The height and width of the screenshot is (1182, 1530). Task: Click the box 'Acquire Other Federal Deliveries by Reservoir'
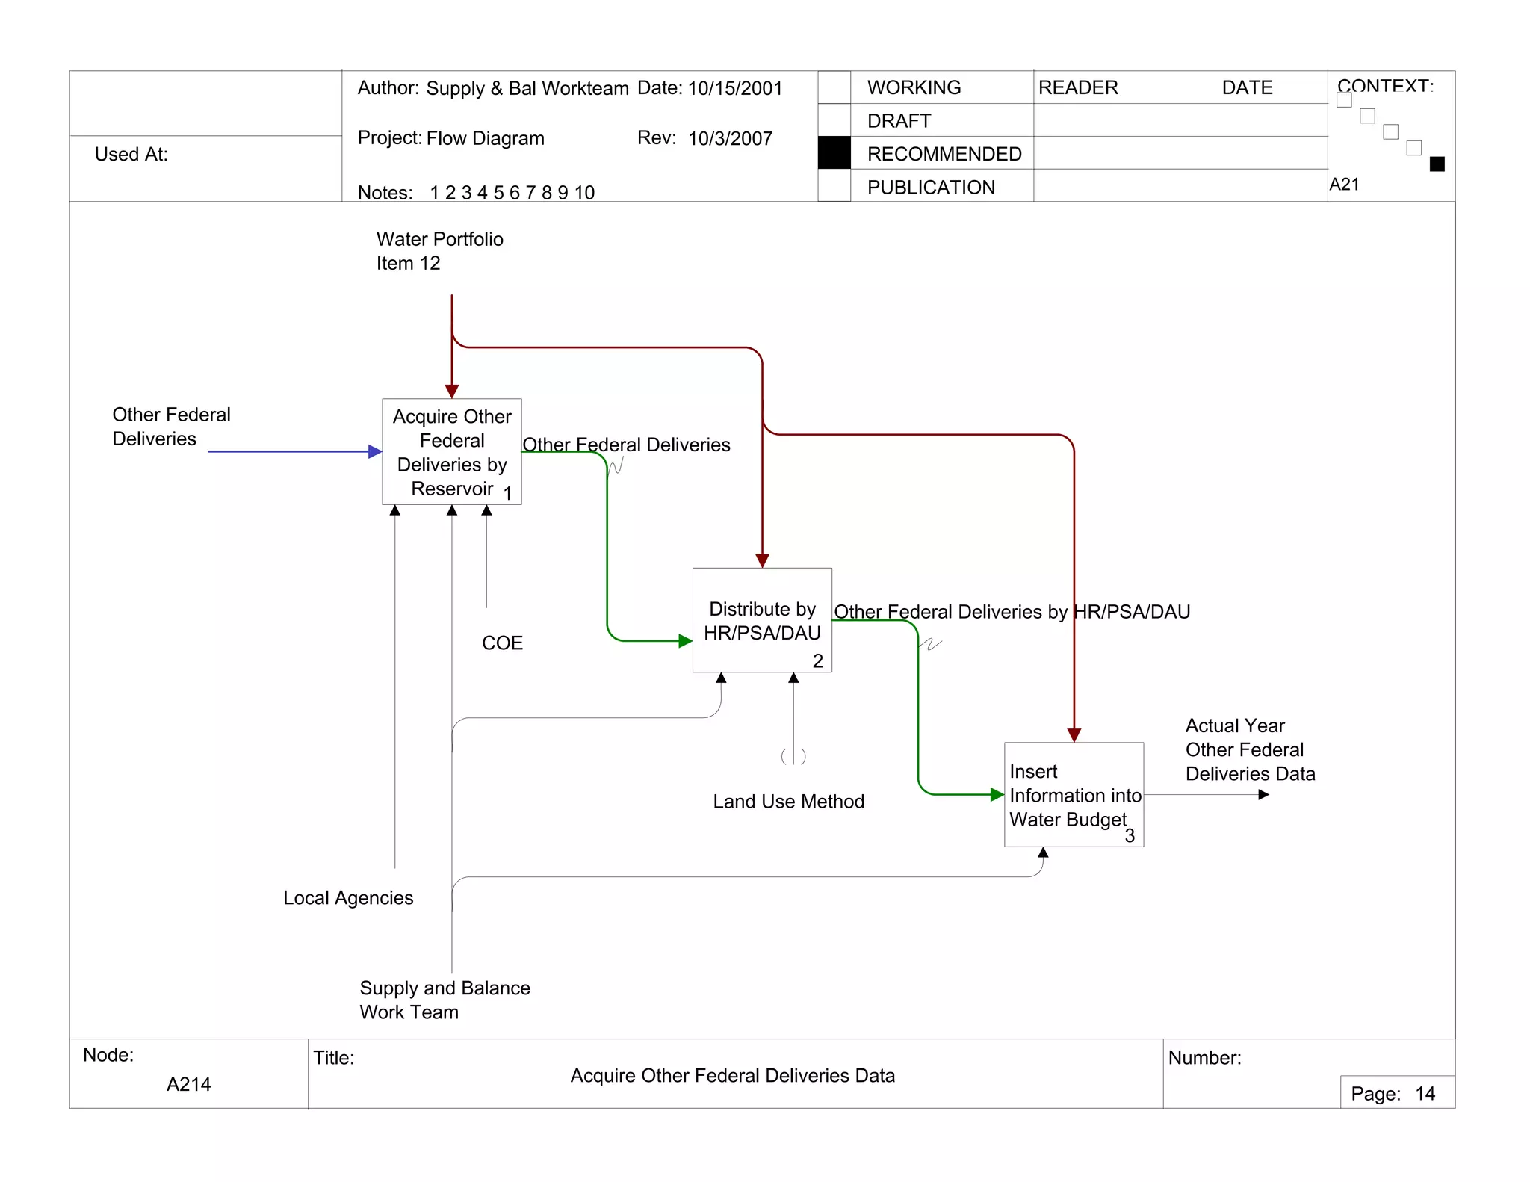click(x=451, y=451)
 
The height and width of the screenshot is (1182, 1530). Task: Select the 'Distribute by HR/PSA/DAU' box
click(x=761, y=620)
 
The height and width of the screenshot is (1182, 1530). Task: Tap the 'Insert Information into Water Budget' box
click(x=1074, y=794)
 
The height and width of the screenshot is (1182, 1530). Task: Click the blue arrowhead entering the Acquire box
click(x=376, y=451)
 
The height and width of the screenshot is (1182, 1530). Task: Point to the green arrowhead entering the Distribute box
click(x=685, y=641)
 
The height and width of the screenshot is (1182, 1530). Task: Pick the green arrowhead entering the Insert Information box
click(x=997, y=795)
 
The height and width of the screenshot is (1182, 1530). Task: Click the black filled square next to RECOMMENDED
click(x=834, y=153)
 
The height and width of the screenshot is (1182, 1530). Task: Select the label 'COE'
click(x=502, y=643)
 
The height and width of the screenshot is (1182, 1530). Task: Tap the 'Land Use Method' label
click(x=788, y=802)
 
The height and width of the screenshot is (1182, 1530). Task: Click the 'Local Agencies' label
click(x=348, y=898)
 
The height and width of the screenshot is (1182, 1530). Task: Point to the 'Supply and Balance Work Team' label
click(x=445, y=1000)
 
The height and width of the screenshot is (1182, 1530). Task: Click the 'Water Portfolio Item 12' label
click(x=439, y=251)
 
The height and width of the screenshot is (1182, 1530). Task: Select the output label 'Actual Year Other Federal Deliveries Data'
click(x=1250, y=749)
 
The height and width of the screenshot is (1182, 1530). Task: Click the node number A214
click(x=188, y=1084)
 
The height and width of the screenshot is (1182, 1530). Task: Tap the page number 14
click(x=1425, y=1094)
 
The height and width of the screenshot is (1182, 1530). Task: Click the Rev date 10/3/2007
click(x=730, y=139)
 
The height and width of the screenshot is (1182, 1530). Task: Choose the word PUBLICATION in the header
click(x=931, y=188)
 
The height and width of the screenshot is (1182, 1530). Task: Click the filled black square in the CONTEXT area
click(x=1437, y=164)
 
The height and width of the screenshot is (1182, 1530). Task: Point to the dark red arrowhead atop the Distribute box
click(x=762, y=560)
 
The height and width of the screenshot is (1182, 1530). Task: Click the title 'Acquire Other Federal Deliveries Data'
click(x=732, y=1076)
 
